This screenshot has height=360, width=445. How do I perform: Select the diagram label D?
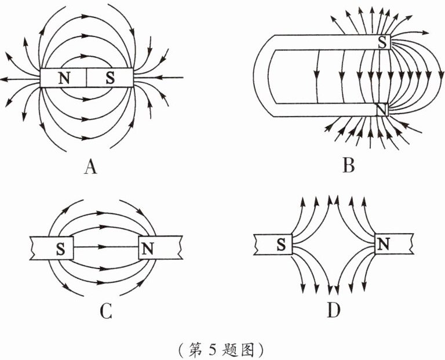[333, 312]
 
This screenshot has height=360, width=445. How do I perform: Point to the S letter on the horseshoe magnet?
[382, 42]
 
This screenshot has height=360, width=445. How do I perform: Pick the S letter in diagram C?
[60, 248]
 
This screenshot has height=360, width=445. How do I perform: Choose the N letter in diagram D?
[382, 245]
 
